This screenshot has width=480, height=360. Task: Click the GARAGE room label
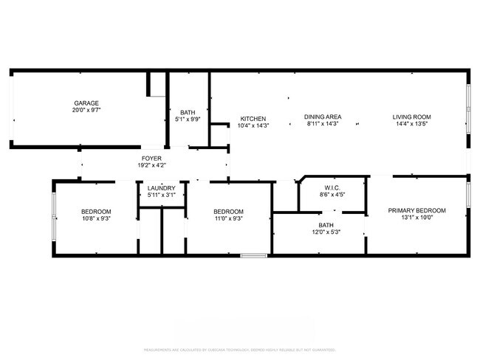coord(86,103)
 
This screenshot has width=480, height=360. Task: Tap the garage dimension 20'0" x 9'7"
coord(86,110)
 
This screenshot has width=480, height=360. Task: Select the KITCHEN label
coord(253,118)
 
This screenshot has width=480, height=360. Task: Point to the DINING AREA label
coord(323,117)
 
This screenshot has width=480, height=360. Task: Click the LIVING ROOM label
coord(411,117)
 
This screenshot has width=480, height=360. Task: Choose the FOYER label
coord(151,158)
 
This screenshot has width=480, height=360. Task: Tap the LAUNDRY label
coord(161,188)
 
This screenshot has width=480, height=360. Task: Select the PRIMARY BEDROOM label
coord(416,210)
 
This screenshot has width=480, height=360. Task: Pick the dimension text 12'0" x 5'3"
coord(326,232)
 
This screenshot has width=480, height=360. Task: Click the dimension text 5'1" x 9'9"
coord(188,120)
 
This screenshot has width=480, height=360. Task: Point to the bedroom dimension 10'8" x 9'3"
coord(96,218)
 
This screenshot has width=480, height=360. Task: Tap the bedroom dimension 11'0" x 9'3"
coord(228,218)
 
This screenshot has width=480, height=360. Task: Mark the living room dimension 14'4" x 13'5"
coord(411,124)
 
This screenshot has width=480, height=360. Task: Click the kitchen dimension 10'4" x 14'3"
coord(253,125)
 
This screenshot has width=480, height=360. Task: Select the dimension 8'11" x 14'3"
coord(323,124)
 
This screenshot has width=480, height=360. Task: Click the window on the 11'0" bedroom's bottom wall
coord(253,255)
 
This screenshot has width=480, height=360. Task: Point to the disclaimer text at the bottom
coord(240,350)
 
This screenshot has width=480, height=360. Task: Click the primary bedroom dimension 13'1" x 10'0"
coord(416,218)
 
